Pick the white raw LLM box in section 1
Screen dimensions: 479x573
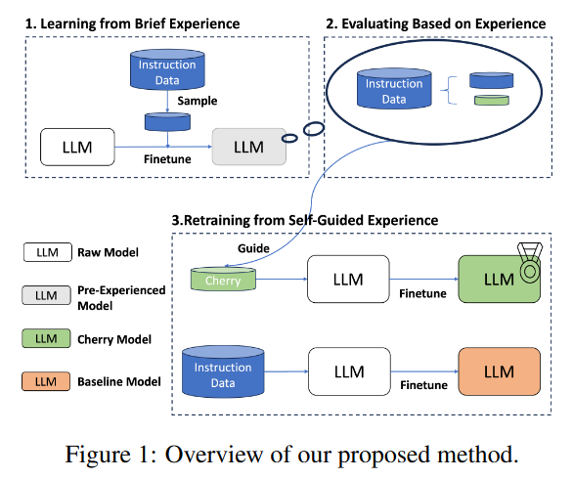tap(77, 147)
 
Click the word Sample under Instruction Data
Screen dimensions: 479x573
tap(197, 101)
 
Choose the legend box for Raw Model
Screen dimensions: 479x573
tap(46, 252)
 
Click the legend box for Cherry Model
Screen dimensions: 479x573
tap(46, 338)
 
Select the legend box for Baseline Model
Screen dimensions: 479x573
tap(46, 381)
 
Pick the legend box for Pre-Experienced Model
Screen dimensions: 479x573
tap(46, 295)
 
